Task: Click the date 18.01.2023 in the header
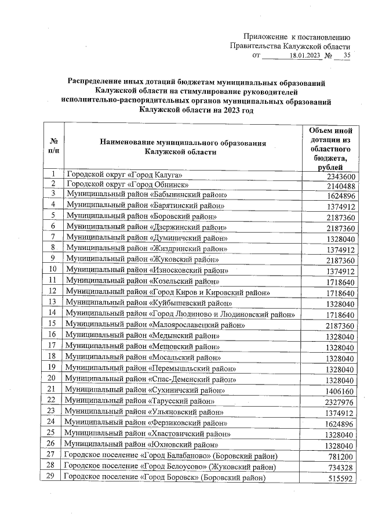point(304,56)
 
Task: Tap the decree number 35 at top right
point(347,56)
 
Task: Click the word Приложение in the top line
point(264,36)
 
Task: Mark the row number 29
point(53,476)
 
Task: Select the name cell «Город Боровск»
point(165,478)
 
